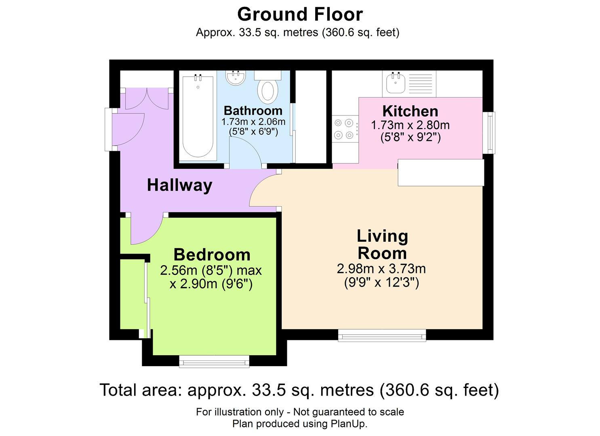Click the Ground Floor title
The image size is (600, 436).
click(300, 15)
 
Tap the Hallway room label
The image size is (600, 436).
click(179, 185)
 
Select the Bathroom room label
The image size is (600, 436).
click(253, 111)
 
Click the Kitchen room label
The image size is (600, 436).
click(410, 111)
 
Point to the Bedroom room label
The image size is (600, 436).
click(212, 255)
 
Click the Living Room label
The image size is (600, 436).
click(382, 245)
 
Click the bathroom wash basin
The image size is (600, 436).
click(235, 78)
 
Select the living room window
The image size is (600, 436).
click(382, 335)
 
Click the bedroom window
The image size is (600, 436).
click(214, 361)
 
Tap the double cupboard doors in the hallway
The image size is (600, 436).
click(147, 99)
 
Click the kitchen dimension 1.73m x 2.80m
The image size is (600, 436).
click(410, 125)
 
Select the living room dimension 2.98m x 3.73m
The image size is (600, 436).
click(381, 268)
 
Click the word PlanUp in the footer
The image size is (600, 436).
click(348, 424)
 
